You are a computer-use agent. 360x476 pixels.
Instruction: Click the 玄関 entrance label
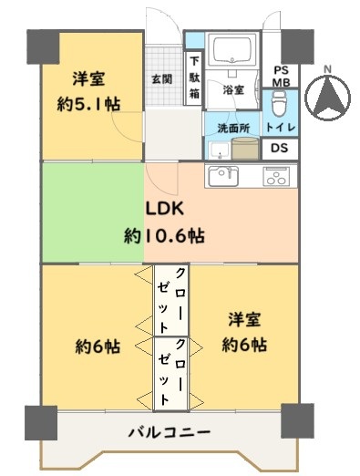pos(162,79)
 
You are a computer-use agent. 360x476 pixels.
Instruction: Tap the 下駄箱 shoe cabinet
pos(194,78)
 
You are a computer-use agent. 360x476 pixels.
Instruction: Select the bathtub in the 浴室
pos(232,50)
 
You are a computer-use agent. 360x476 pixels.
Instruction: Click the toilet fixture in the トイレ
pos(278,103)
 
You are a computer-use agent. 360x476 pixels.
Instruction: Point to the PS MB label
pos(281,76)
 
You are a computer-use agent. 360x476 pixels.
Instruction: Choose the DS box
pos(280,149)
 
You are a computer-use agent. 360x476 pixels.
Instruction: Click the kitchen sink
pos(223,176)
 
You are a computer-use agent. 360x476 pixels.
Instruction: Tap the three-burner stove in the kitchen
pos(276,176)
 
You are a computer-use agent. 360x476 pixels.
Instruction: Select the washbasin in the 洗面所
pos(219,150)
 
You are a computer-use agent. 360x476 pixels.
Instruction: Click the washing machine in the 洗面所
pos(245,148)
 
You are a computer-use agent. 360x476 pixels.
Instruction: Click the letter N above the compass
pos(327,69)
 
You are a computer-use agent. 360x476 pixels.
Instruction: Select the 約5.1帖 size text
pos(88,105)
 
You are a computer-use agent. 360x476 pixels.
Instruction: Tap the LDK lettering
pos(165,209)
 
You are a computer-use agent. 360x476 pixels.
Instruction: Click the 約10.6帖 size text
pos(164,235)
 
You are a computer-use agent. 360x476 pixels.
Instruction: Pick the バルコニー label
pos(169,432)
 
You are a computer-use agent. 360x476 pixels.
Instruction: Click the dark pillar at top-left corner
pos(43,47)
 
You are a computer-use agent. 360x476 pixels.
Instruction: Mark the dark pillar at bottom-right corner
pos(297,420)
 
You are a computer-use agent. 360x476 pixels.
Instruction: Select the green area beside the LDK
pos(93,212)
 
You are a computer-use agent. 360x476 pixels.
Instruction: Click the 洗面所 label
pos(233,129)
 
